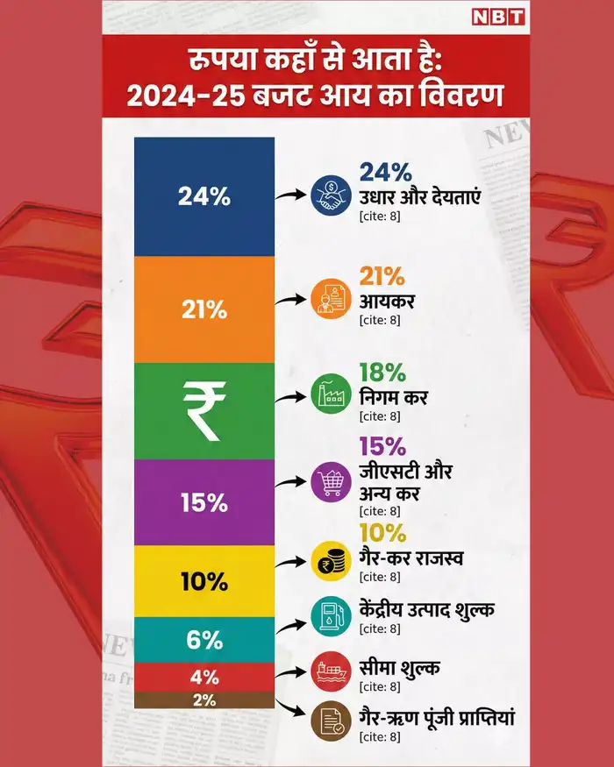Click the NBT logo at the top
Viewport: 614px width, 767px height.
498,17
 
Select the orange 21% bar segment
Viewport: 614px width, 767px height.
204,309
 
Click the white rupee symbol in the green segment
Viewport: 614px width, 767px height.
204,411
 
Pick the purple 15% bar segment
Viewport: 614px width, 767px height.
204,503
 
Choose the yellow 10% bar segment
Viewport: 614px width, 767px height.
204,581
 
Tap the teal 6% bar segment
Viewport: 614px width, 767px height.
204,640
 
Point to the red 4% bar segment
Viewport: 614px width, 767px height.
204,677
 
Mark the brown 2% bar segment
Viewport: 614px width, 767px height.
204,700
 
